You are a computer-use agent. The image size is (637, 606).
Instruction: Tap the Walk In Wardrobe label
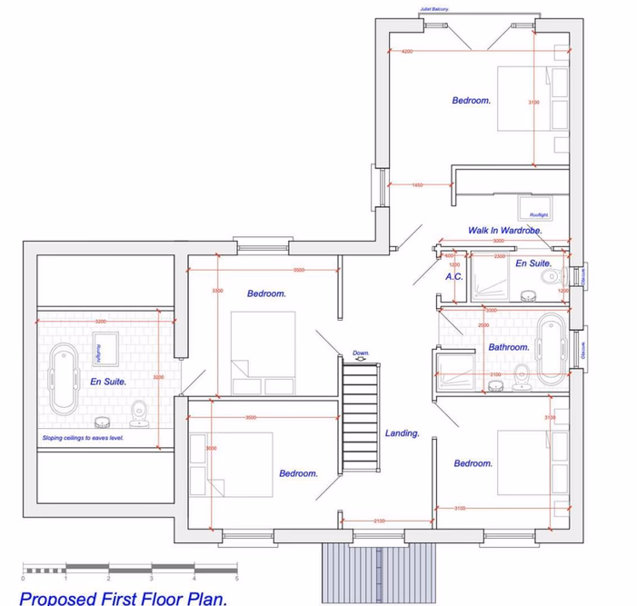tap(504, 231)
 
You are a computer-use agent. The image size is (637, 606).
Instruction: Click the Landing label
tap(402, 433)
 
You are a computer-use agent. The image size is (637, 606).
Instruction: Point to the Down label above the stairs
tap(361, 353)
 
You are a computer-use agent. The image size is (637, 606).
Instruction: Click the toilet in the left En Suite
tap(139, 414)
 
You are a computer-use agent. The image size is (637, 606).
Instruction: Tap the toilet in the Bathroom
tap(522, 374)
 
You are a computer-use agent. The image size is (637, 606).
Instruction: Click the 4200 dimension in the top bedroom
tap(406, 52)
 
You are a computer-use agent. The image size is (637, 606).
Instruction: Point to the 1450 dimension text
tap(417, 185)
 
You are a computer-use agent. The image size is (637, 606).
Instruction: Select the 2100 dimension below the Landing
tap(379, 521)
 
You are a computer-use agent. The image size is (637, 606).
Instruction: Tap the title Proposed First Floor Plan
tap(123, 597)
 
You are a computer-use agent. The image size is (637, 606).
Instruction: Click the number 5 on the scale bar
tap(237, 578)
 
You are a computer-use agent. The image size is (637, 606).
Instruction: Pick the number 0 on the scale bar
tap(21, 578)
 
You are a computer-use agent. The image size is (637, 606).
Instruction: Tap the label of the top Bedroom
tap(472, 101)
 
